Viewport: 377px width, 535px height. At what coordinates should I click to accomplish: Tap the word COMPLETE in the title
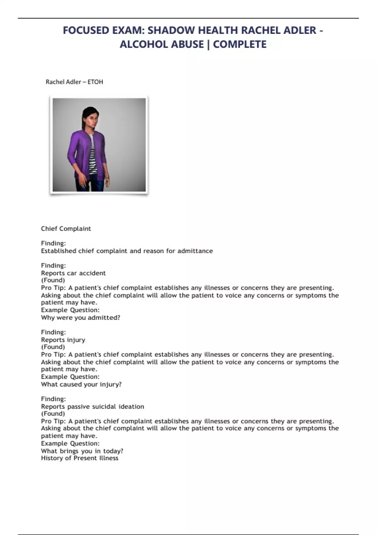click(x=240, y=44)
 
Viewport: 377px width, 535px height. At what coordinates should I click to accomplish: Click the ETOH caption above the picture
click(x=95, y=82)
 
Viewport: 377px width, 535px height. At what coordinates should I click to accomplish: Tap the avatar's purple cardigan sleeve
click(x=73, y=148)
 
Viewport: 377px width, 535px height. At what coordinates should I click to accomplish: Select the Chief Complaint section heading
click(x=66, y=229)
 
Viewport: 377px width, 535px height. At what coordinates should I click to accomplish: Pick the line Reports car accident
click(x=73, y=273)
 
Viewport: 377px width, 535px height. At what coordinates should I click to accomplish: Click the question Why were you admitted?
click(x=80, y=318)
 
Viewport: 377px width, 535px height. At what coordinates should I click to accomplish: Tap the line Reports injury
click(x=63, y=340)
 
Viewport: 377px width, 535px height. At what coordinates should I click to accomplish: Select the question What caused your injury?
click(x=81, y=384)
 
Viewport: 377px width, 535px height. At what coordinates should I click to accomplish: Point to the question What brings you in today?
click(x=82, y=451)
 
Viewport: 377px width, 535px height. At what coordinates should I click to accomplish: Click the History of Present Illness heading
click(x=79, y=458)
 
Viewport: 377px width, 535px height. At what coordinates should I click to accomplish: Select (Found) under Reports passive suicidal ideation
click(x=53, y=414)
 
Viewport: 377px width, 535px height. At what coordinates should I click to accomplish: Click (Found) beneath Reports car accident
click(x=53, y=280)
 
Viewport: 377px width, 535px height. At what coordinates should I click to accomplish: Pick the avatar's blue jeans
click(x=94, y=184)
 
